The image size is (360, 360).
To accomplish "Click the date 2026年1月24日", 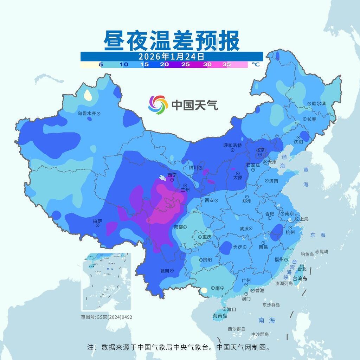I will tap(171, 56).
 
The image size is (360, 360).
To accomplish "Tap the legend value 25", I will tap(186, 65).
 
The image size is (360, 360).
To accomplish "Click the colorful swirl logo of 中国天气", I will tap(158, 105).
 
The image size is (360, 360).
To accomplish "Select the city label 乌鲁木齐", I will tap(87, 114).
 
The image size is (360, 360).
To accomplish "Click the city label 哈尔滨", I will tap(319, 104).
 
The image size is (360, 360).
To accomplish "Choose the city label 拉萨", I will tap(97, 221).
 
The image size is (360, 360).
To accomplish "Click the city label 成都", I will tap(178, 227).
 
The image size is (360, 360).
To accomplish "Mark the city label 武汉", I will tap(244, 229).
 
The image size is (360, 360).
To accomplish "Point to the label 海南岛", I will tap(220, 316).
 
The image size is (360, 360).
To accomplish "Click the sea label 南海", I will tap(266, 320).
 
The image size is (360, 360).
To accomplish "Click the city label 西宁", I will tap(172, 175).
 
